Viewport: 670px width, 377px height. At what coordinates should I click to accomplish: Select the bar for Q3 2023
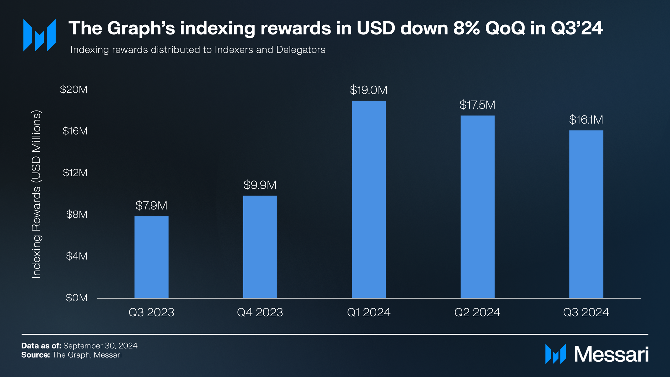tap(151, 257)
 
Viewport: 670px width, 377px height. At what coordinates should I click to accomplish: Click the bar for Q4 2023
tap(260, 247)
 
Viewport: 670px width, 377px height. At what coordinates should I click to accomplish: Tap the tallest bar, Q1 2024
tap(369, 199)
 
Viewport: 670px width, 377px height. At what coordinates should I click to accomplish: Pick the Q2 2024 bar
tap(477, 207)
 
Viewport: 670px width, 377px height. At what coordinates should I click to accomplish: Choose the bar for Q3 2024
tap(586, 214)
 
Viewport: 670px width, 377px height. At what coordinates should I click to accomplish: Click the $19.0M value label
tap(369, 90)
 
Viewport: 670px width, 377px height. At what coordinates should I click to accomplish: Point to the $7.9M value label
tap(151, 206)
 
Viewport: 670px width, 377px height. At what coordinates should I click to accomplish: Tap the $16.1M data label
tap(586, 120)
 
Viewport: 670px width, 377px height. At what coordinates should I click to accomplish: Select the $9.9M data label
tap(260, 185)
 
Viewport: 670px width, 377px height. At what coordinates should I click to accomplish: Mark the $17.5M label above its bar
tap(477, 105)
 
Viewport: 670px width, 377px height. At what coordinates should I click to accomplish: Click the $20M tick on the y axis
tap(74, 89)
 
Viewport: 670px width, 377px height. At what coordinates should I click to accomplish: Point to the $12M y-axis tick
tap(75, 173)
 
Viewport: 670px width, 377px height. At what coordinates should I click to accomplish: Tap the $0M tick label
tap(77, 298)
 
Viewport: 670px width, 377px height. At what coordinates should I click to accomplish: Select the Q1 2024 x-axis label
tap(369, 312)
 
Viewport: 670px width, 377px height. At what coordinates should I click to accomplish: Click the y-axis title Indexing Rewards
tap(36, 194)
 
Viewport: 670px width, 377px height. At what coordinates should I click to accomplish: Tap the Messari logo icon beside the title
tap(39, 35)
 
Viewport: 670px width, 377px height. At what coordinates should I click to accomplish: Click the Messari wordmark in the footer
tap(611, 354)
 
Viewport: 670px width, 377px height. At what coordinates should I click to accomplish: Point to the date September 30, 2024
tap(100, 346)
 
